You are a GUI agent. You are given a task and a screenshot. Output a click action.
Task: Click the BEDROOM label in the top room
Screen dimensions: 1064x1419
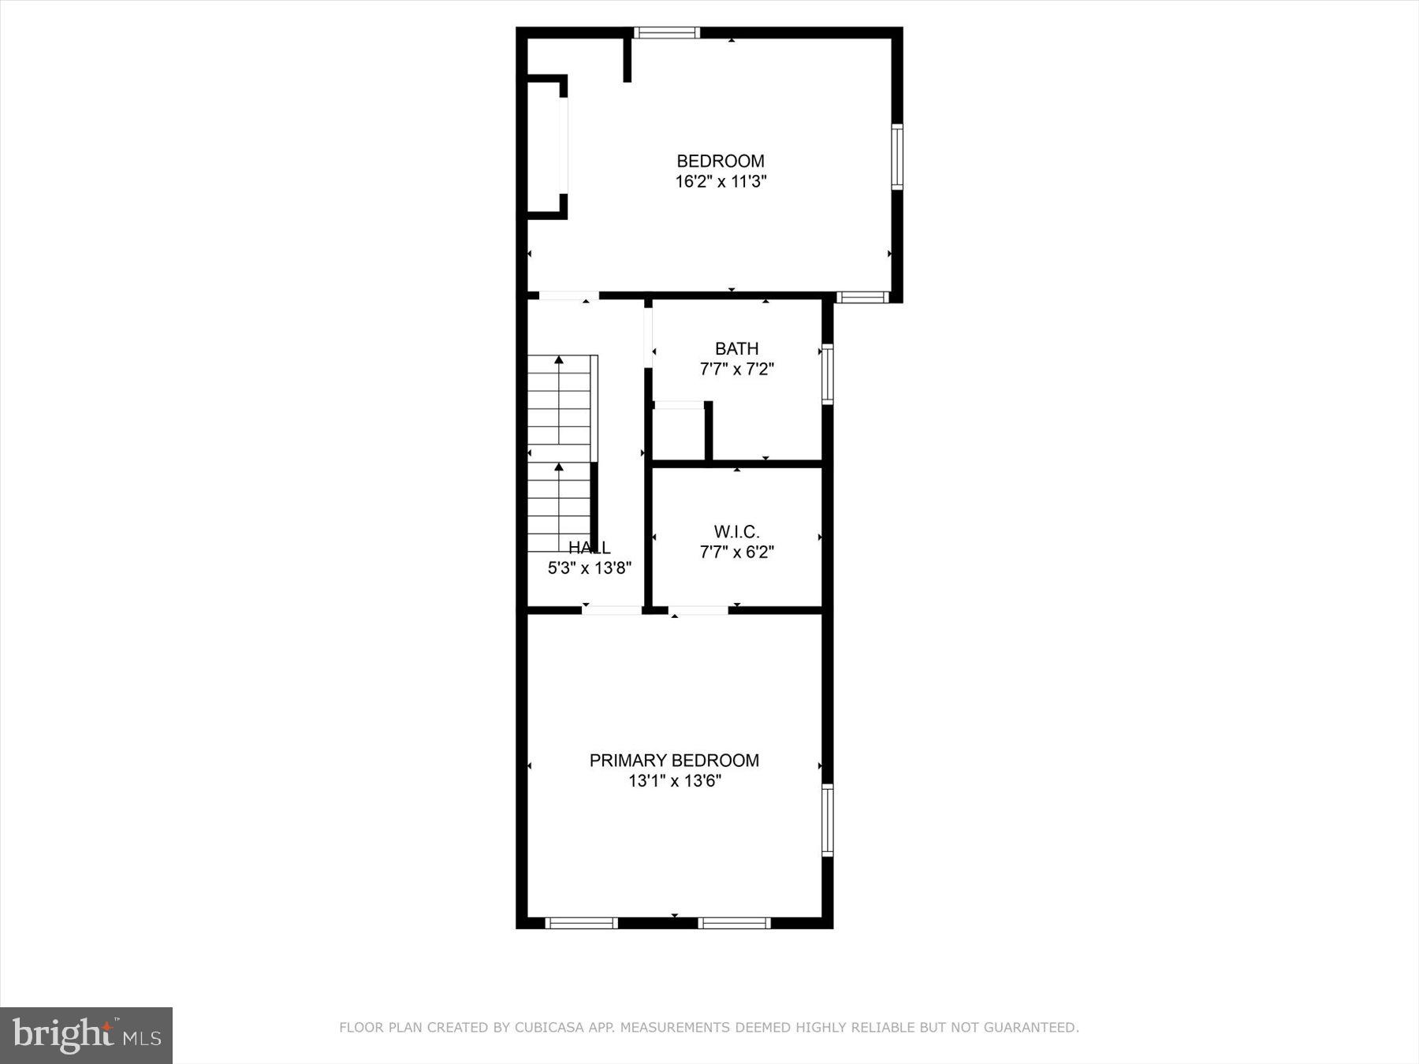721,162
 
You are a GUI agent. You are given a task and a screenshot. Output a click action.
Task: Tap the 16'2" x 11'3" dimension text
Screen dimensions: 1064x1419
721,182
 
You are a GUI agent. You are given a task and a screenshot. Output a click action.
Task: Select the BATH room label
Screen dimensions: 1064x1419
736,348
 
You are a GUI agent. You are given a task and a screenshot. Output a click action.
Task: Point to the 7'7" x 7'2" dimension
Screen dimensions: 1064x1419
736,369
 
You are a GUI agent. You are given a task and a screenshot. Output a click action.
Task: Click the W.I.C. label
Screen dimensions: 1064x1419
736,532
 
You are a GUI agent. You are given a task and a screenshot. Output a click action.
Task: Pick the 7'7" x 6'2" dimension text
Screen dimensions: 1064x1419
736,552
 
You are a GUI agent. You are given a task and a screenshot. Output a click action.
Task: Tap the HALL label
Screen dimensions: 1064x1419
589,548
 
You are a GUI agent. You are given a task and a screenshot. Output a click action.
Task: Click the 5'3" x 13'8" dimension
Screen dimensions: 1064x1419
589,567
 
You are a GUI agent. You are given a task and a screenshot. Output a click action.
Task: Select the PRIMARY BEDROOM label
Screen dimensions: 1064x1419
674,761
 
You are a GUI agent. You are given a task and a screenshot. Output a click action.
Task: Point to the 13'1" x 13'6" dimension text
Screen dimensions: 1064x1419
674,781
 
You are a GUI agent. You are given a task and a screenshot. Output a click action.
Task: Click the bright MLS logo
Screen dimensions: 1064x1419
86,1035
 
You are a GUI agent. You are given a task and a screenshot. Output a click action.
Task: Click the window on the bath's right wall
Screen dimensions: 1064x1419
827,374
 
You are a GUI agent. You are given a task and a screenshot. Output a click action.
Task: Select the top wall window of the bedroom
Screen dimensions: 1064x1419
666,33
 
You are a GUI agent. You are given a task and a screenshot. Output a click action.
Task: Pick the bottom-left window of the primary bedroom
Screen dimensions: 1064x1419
581,923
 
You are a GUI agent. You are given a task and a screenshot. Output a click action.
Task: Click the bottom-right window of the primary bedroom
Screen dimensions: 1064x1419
734,923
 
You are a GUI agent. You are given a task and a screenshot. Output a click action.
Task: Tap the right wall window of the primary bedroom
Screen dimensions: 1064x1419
827,820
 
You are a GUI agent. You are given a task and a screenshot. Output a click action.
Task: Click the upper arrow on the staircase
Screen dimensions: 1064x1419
559,360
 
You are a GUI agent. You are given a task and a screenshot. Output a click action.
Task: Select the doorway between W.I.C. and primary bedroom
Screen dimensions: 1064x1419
698,610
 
